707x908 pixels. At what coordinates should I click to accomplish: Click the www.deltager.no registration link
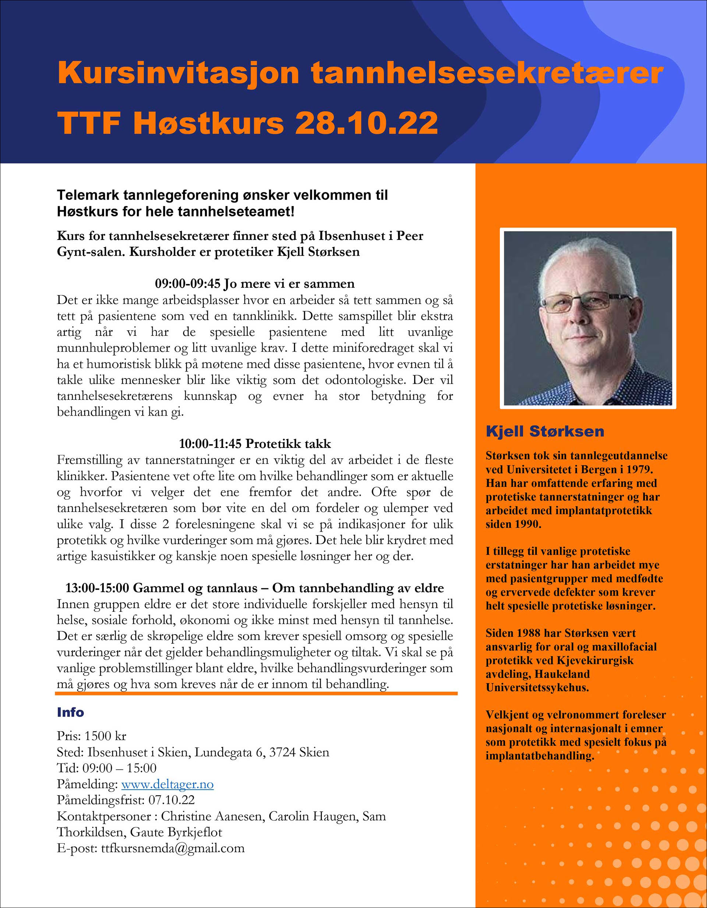pyautogui.click(x=167, y=784)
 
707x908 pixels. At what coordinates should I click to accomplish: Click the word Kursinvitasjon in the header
pyautogui.click(x=178, y=73)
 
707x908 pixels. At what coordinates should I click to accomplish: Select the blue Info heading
pyautogui.click(x=70, y=712)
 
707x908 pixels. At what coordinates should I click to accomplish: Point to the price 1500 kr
pyautogui.click(x=105, y=736)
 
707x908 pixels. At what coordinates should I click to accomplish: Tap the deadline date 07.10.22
pyautogui.click(x=171, y=800)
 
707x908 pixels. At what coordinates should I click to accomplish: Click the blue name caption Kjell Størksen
pyautogui.click(x=545, y=431)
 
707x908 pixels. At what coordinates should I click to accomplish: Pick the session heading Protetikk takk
pyautogui.click(x=288, y=444)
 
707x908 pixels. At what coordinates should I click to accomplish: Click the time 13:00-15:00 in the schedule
pyautogui.click(x=97, y=588)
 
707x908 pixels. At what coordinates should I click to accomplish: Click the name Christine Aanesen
pyautogui.click(x=213, y=816)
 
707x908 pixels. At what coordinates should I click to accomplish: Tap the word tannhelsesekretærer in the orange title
pyautogui.click(x=487, y=73)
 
